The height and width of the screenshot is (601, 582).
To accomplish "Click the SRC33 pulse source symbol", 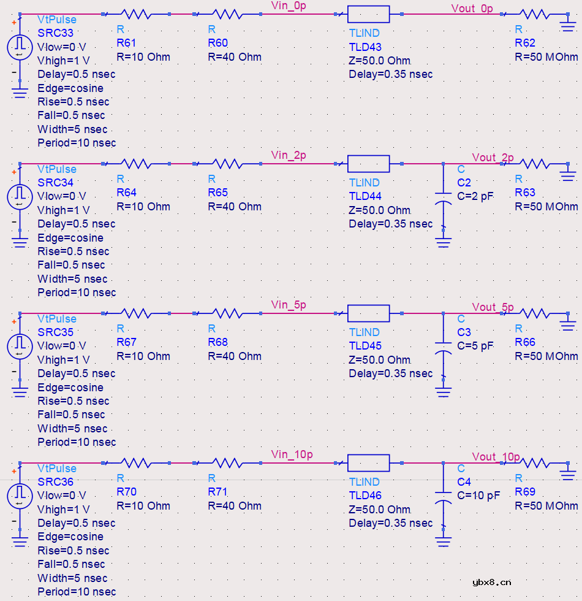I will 20,47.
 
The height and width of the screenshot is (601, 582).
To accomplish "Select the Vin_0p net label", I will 289,6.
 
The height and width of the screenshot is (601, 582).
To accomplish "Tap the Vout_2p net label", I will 493,158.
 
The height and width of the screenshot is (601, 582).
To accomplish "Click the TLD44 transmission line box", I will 368,164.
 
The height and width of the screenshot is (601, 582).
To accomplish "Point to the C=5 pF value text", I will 475,346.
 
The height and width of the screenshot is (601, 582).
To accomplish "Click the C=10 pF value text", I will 478,496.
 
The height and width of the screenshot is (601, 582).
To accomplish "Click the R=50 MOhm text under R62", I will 546,57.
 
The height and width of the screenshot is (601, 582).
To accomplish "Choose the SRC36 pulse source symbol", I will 20,496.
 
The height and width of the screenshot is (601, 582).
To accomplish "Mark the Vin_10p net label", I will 292,454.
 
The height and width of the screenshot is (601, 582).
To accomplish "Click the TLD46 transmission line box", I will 368,463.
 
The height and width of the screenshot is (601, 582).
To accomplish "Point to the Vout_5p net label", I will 493,307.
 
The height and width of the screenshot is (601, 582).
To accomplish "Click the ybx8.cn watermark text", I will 492,583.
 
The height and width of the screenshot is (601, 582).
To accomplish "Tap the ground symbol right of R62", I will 568,23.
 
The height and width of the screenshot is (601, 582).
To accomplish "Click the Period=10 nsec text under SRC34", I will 77,293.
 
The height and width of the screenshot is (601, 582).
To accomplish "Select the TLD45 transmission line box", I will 368,313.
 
